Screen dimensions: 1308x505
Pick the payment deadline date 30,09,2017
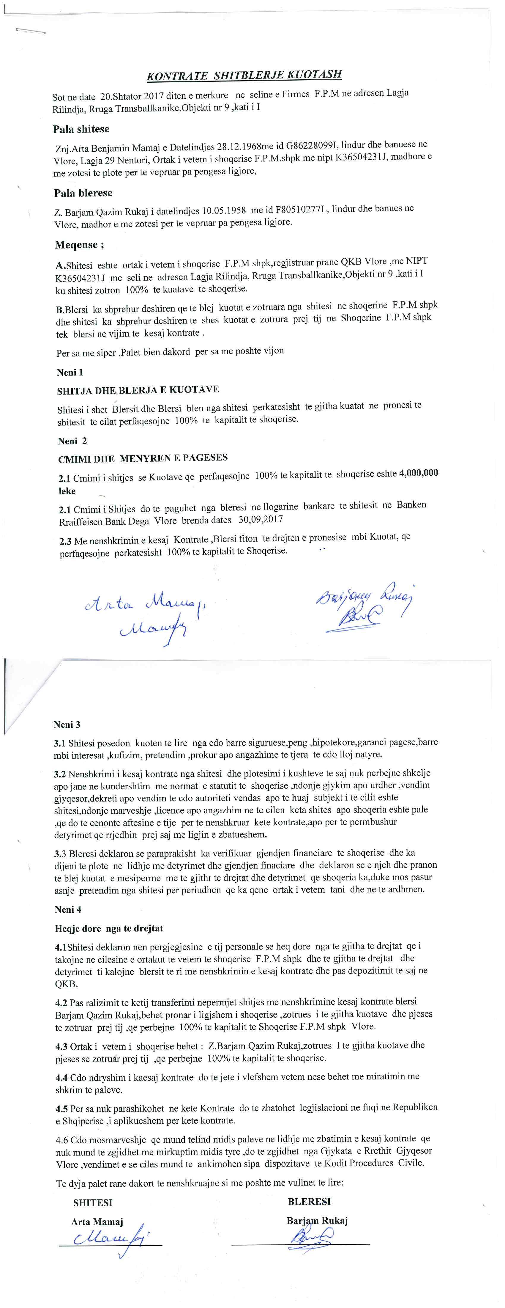point(260,520)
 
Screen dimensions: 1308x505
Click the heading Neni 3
point(67,724)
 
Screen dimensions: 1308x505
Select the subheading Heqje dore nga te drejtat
point(109,928)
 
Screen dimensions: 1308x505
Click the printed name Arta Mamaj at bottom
point(97,1222)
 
